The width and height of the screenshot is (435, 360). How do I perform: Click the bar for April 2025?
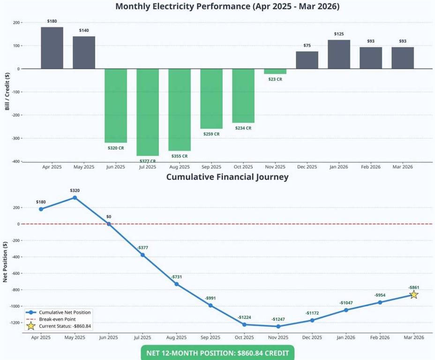(x=52, y=48)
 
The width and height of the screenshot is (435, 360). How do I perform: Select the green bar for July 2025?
(x=148, y=112)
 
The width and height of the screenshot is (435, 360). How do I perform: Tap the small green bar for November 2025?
(x=275, y=71)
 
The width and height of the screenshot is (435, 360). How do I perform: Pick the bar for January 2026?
(x=339, y=54)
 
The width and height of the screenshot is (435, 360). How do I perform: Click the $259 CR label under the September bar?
(x=211, y=134)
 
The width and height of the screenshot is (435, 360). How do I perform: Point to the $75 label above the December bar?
(x=307, y=46)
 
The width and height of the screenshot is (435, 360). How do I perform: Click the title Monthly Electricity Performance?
(x=227, y=7)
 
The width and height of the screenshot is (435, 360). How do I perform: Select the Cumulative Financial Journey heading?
(x=227, y=177)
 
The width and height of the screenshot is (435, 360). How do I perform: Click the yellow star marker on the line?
(x=413, y=294)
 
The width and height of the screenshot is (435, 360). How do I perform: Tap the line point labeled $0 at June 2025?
(x=109, y=224)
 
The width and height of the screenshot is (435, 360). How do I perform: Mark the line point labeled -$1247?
(x=278, y=326)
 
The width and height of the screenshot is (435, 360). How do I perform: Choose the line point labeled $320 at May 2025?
(x=75, y=197)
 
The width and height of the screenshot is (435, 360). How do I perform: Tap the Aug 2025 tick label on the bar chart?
(x=180, y=167)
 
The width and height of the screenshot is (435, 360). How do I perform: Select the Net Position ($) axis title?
(x=5, y=262)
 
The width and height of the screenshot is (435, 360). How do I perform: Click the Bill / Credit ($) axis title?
(x=7, y=91)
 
